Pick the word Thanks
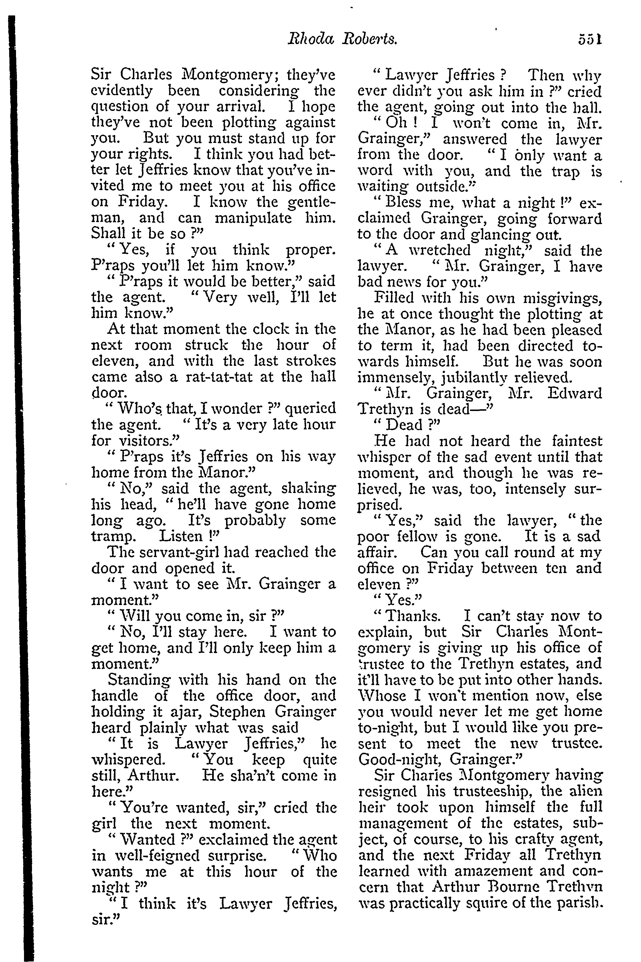[x=413, y=616]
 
